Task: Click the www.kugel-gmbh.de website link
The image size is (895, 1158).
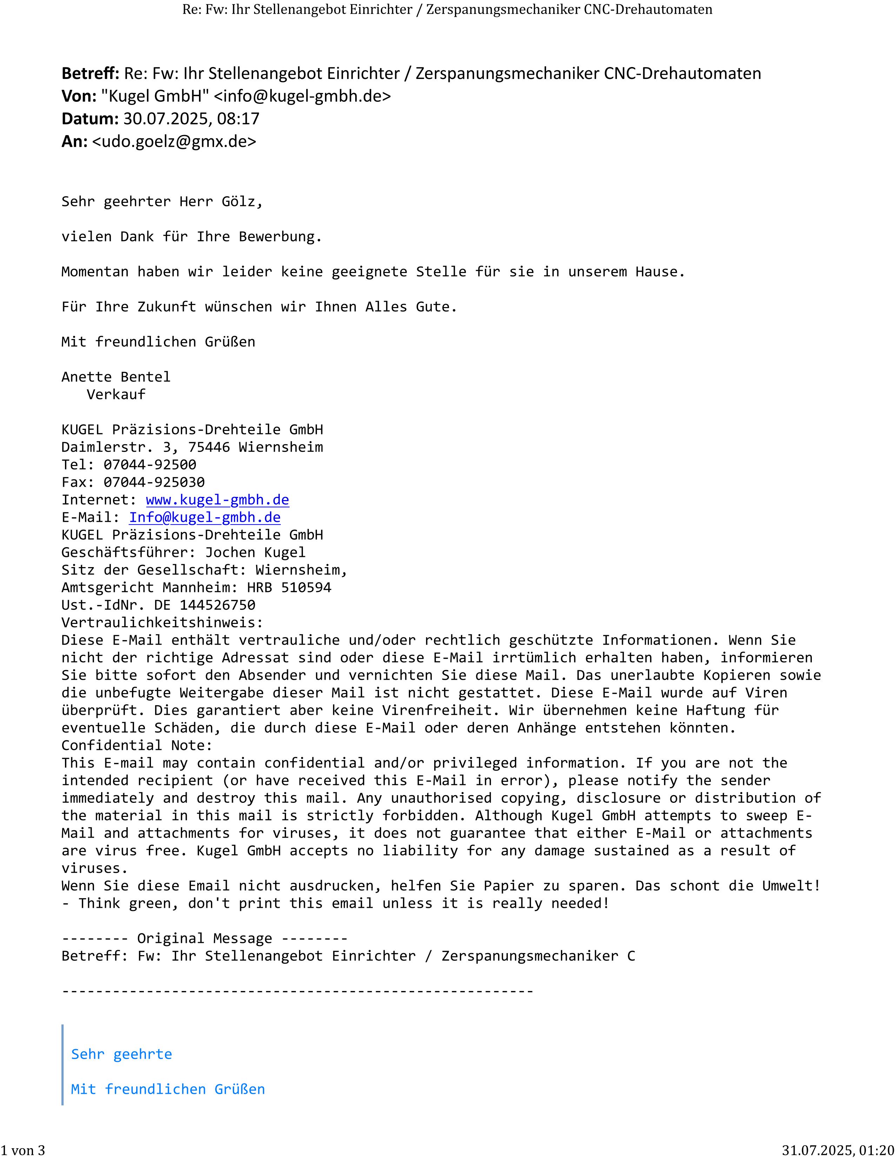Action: click(217, 500)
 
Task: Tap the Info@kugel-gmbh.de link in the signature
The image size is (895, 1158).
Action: click(205, 518)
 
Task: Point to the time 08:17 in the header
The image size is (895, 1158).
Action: click(238, 119)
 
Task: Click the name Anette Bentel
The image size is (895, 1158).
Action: click(115, 377)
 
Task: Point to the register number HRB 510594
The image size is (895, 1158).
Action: click(289, 587)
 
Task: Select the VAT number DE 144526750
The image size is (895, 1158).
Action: click(205, 605)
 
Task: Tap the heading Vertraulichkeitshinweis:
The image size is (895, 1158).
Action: click(162, 623)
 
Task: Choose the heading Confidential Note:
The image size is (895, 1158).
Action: click(137, 745)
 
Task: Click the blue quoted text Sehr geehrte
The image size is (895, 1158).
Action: click(121, 1054)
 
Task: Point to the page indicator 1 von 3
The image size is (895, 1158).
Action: click(23, 1150)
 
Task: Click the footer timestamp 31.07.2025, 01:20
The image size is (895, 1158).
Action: click(838, 1150)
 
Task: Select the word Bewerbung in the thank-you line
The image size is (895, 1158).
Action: click(280, 237)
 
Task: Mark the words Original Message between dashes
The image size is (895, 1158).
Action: click(205, 938)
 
